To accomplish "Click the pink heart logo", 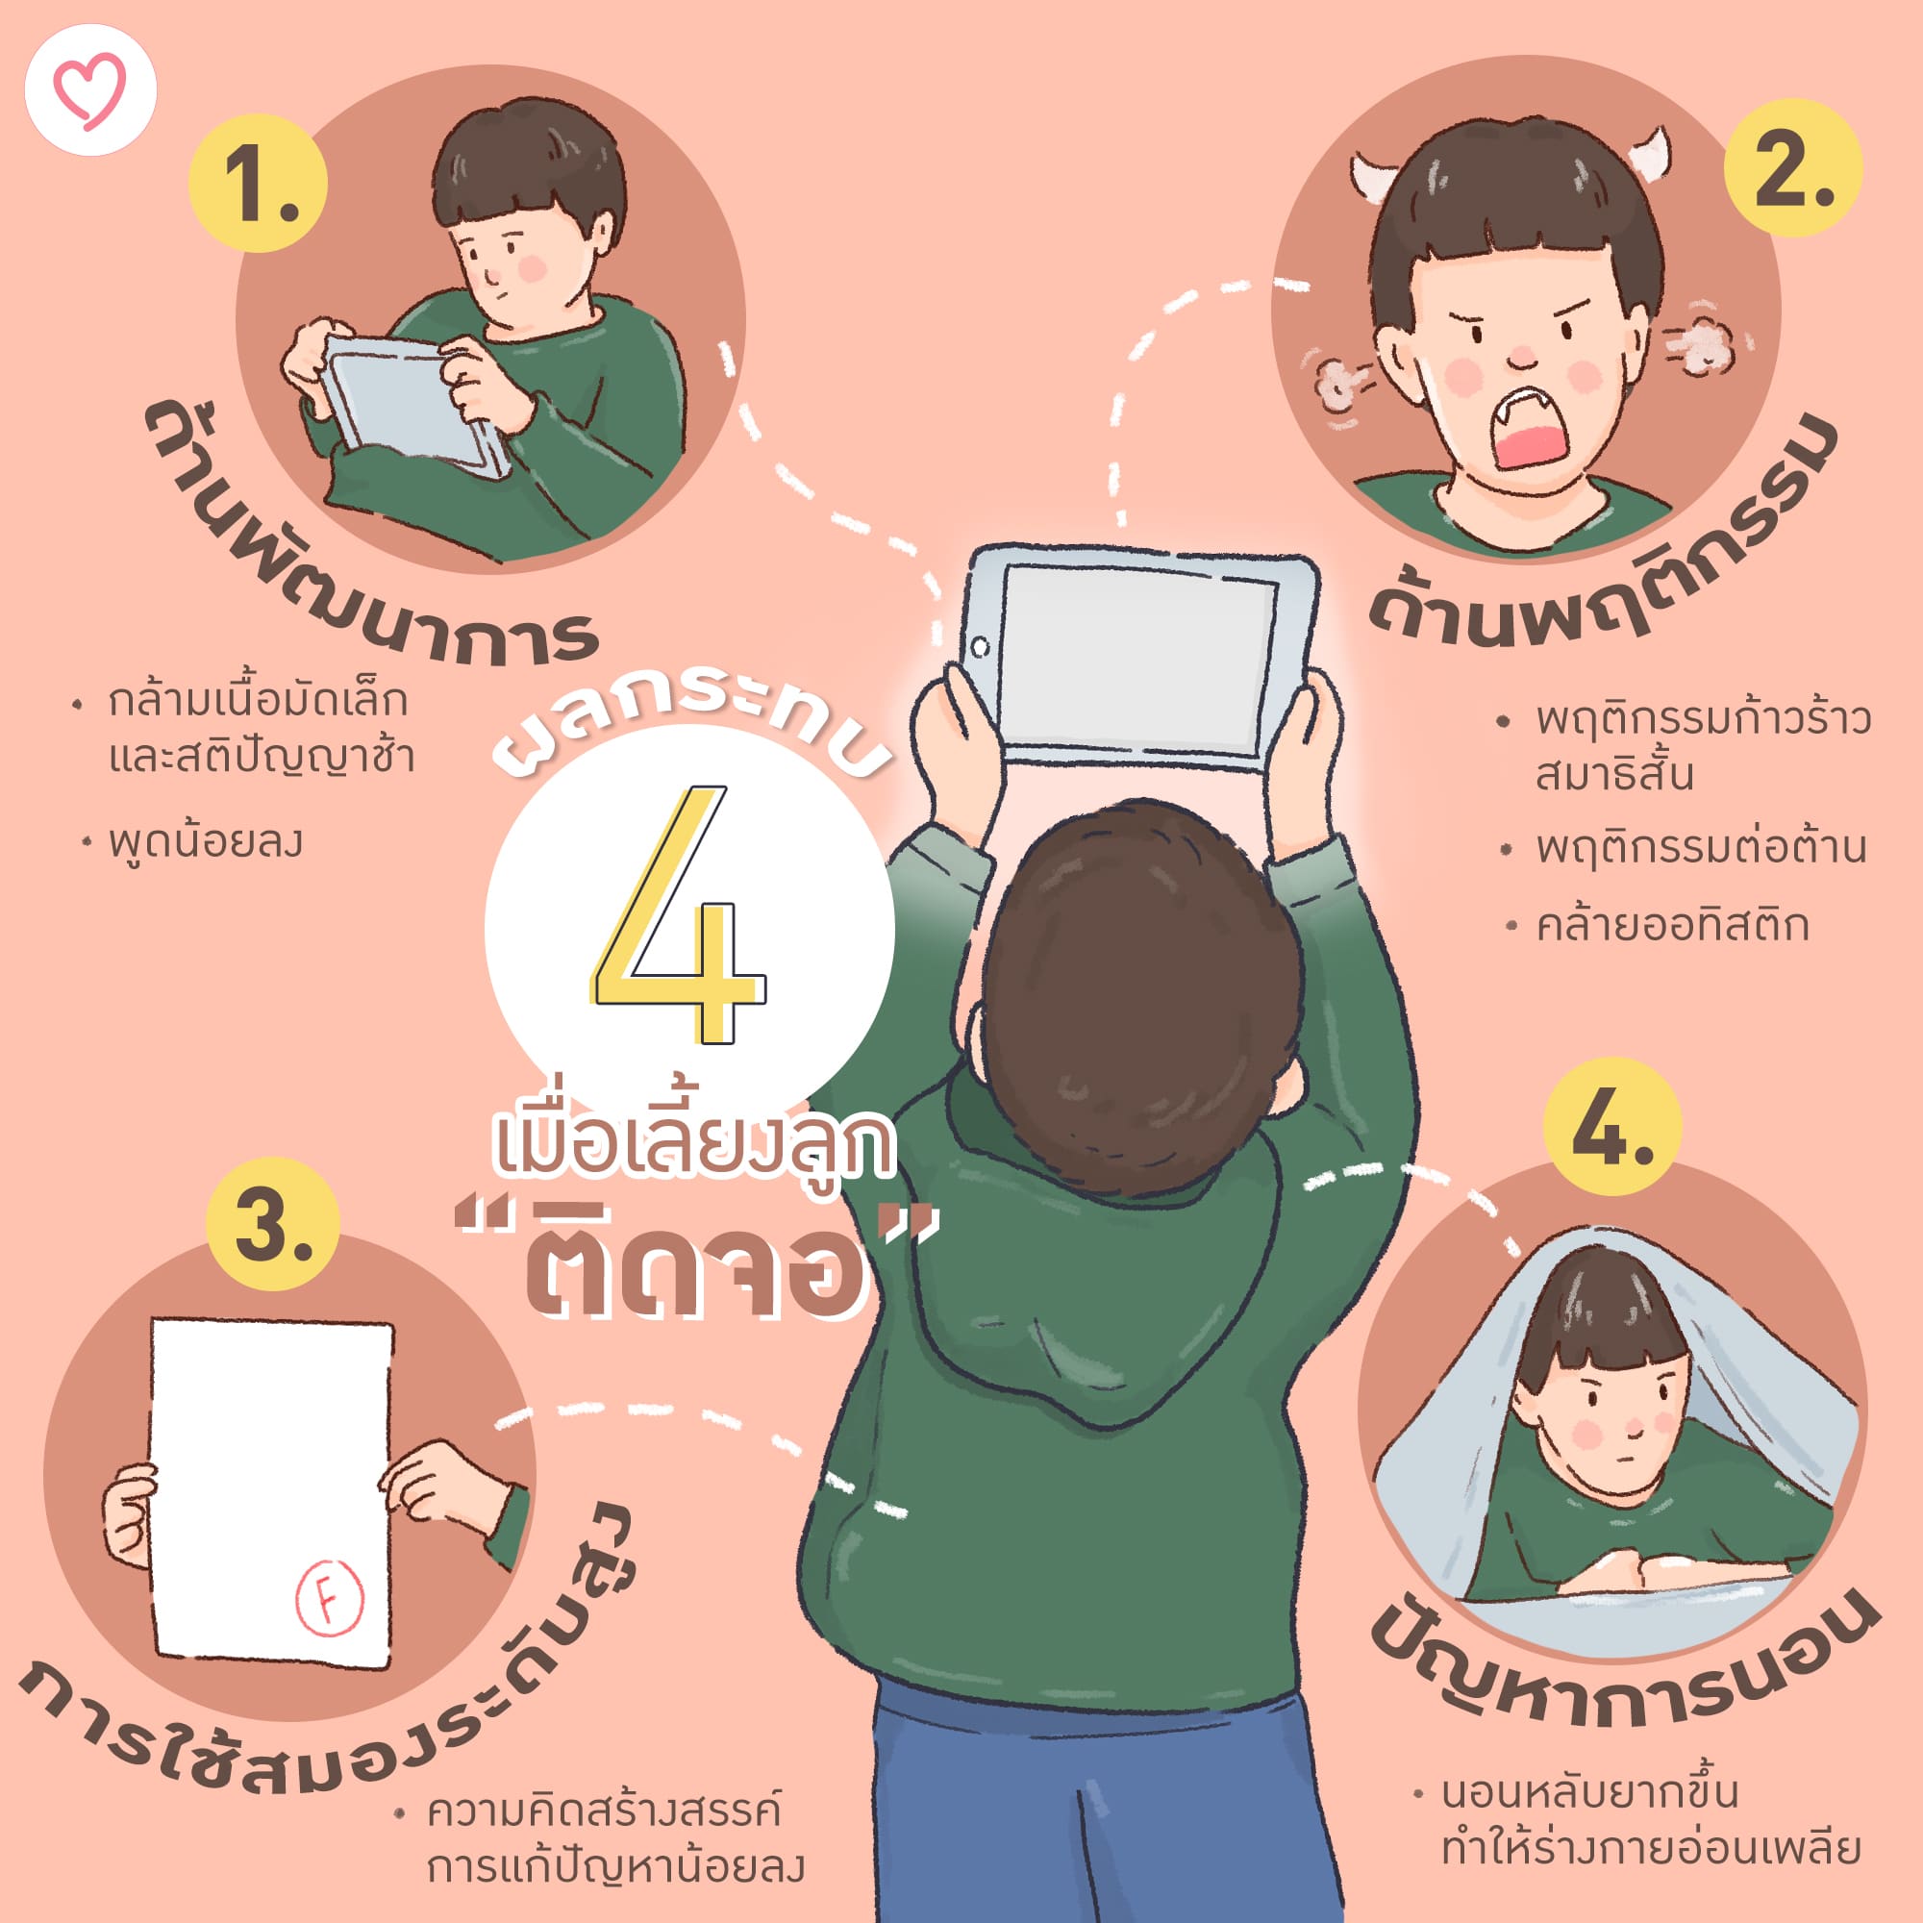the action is (90, 89).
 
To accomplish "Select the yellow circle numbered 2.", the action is (1792, 168).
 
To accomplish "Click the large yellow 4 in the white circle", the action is (680, 913).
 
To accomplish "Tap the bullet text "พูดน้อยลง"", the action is (205, 843).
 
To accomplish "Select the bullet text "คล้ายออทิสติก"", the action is (1672, 926).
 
